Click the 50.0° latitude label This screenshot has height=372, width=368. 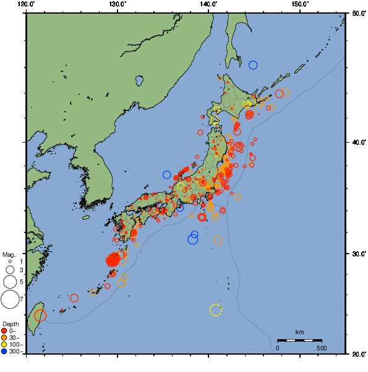pyautogui.click(x=358, y=13)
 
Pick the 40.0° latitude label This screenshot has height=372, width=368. pyautogui.click(x=358, y=142)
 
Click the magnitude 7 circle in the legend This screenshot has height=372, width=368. pyautogui.click(x=10, y=300)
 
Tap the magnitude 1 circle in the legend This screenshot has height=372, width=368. pyautogui.click(x=10, y=262)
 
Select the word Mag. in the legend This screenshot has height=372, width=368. pyautogui.click(x=9, y=254)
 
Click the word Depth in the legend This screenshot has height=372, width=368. pyautogui.click(x=10, y=324)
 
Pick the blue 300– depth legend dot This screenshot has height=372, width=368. pyautogui.click(x=4, y=352)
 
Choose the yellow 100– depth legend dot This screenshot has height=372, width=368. pyautogui.click(x=4, y=344)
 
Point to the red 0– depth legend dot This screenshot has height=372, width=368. pyautogui.click(x=4, y=330)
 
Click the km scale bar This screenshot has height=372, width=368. pyautogui.click(x=299, y=340)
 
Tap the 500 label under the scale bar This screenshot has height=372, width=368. pyautogui.click(x=322, y=348)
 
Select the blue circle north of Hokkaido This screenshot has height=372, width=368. pyautogui.click(x=253, y=65)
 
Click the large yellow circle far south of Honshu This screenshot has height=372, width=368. pyautogui.click(x=216, y=310)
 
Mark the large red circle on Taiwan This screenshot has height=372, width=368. pyautogui.click(x=40, y=316)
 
